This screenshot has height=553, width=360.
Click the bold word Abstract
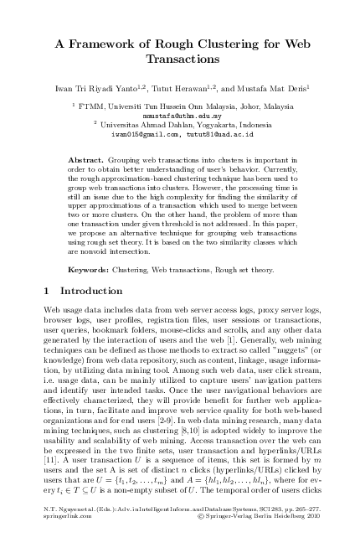[85, 159]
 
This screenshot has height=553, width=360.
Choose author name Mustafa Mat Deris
[275, 88]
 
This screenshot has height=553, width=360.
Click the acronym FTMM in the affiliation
[90, 106]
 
